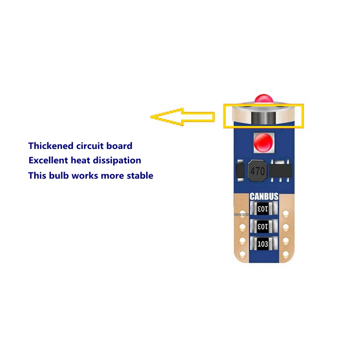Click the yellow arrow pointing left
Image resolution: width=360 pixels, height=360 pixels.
pos(180,117)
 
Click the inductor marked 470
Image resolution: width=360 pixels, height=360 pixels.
pos(257,171)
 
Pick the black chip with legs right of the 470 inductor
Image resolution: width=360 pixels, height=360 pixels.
pos(281,169)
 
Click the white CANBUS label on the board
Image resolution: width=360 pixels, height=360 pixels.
pos(264,197)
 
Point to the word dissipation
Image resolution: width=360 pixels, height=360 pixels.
pos(119,160)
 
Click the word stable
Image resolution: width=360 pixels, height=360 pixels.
pos(139,175)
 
